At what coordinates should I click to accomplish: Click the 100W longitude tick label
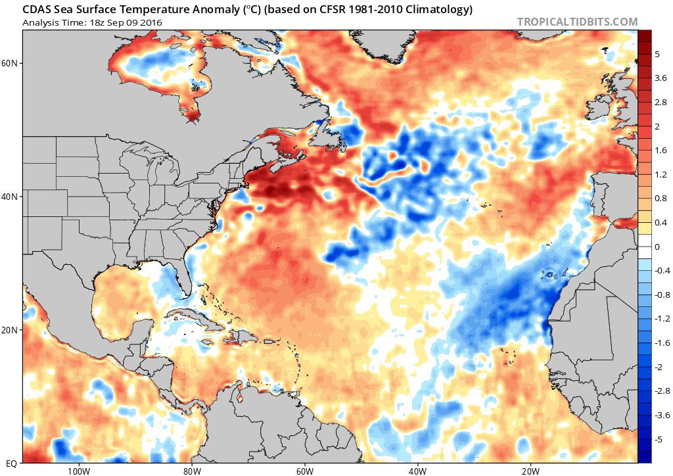(x=78, y=471)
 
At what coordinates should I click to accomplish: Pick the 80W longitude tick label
(x=191, y=471)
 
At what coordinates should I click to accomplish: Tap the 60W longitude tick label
(x=304, y=471)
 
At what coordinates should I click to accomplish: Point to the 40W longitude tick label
(x=417, y=471)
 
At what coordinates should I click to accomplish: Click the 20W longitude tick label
(x=530, y=471)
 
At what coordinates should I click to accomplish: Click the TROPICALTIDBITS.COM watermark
(x=577, y=22)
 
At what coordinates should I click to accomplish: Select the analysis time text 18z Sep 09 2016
(x=124, y=23)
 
